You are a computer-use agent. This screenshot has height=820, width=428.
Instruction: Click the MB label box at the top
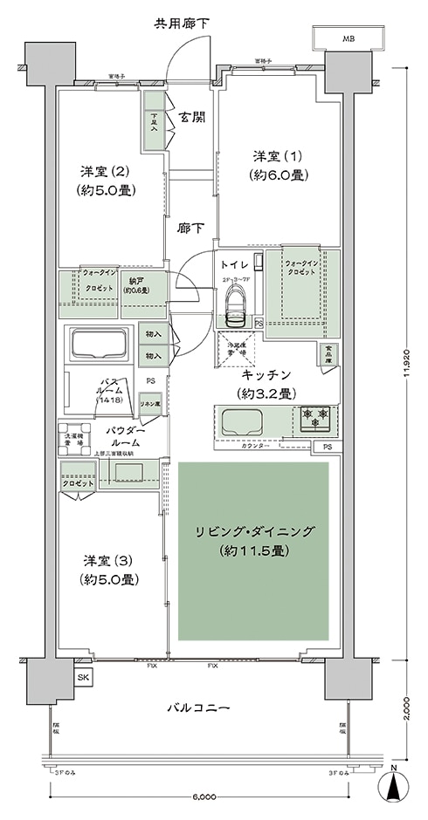pos(349,39)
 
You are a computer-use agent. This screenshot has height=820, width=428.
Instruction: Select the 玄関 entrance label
pos(192,117)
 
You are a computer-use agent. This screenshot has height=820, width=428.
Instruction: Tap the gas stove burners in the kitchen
pos(314,420)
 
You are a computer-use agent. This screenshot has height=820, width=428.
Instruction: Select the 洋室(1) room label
pos(279,165)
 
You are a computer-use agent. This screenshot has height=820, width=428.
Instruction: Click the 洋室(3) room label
pos(109,568)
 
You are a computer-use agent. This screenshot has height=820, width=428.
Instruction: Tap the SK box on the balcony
pos(84,677)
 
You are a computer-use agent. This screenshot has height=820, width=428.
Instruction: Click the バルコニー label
pos(200,707)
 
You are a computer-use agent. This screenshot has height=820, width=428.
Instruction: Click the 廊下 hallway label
pos(191,229)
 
